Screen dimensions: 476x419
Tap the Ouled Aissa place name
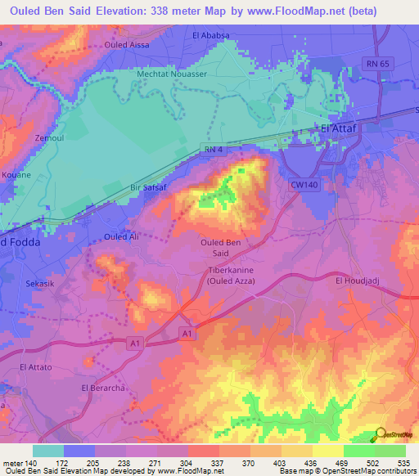click(x=128, y=45)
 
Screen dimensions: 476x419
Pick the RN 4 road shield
click(x=211, y=148)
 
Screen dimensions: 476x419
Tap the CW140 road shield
click(x=303, y=186)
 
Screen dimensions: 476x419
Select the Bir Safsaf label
click(x=148, y=187)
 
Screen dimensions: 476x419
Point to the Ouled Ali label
click(x=120, y=236)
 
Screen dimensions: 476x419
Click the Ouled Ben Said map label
click(x=220, y=248)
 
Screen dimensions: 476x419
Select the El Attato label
click(x=35, y=368)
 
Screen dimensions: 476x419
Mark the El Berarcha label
click(x=101, y=387)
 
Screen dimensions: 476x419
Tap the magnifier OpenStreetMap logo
click(x=381, y=434)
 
